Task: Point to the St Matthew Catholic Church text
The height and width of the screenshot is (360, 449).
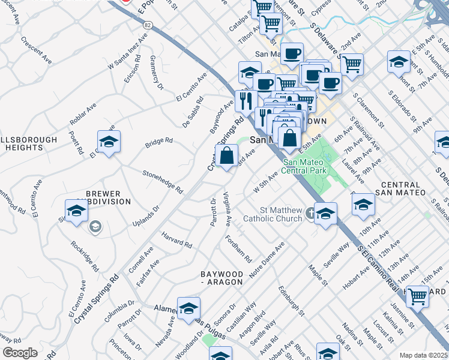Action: pos(280,214)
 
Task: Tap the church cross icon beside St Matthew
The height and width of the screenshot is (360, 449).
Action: pos(310,212)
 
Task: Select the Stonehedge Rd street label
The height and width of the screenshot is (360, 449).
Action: pos(162,181)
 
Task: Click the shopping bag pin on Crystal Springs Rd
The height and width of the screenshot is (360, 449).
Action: pos(226,157)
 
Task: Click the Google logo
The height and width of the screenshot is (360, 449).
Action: pos(20,353)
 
